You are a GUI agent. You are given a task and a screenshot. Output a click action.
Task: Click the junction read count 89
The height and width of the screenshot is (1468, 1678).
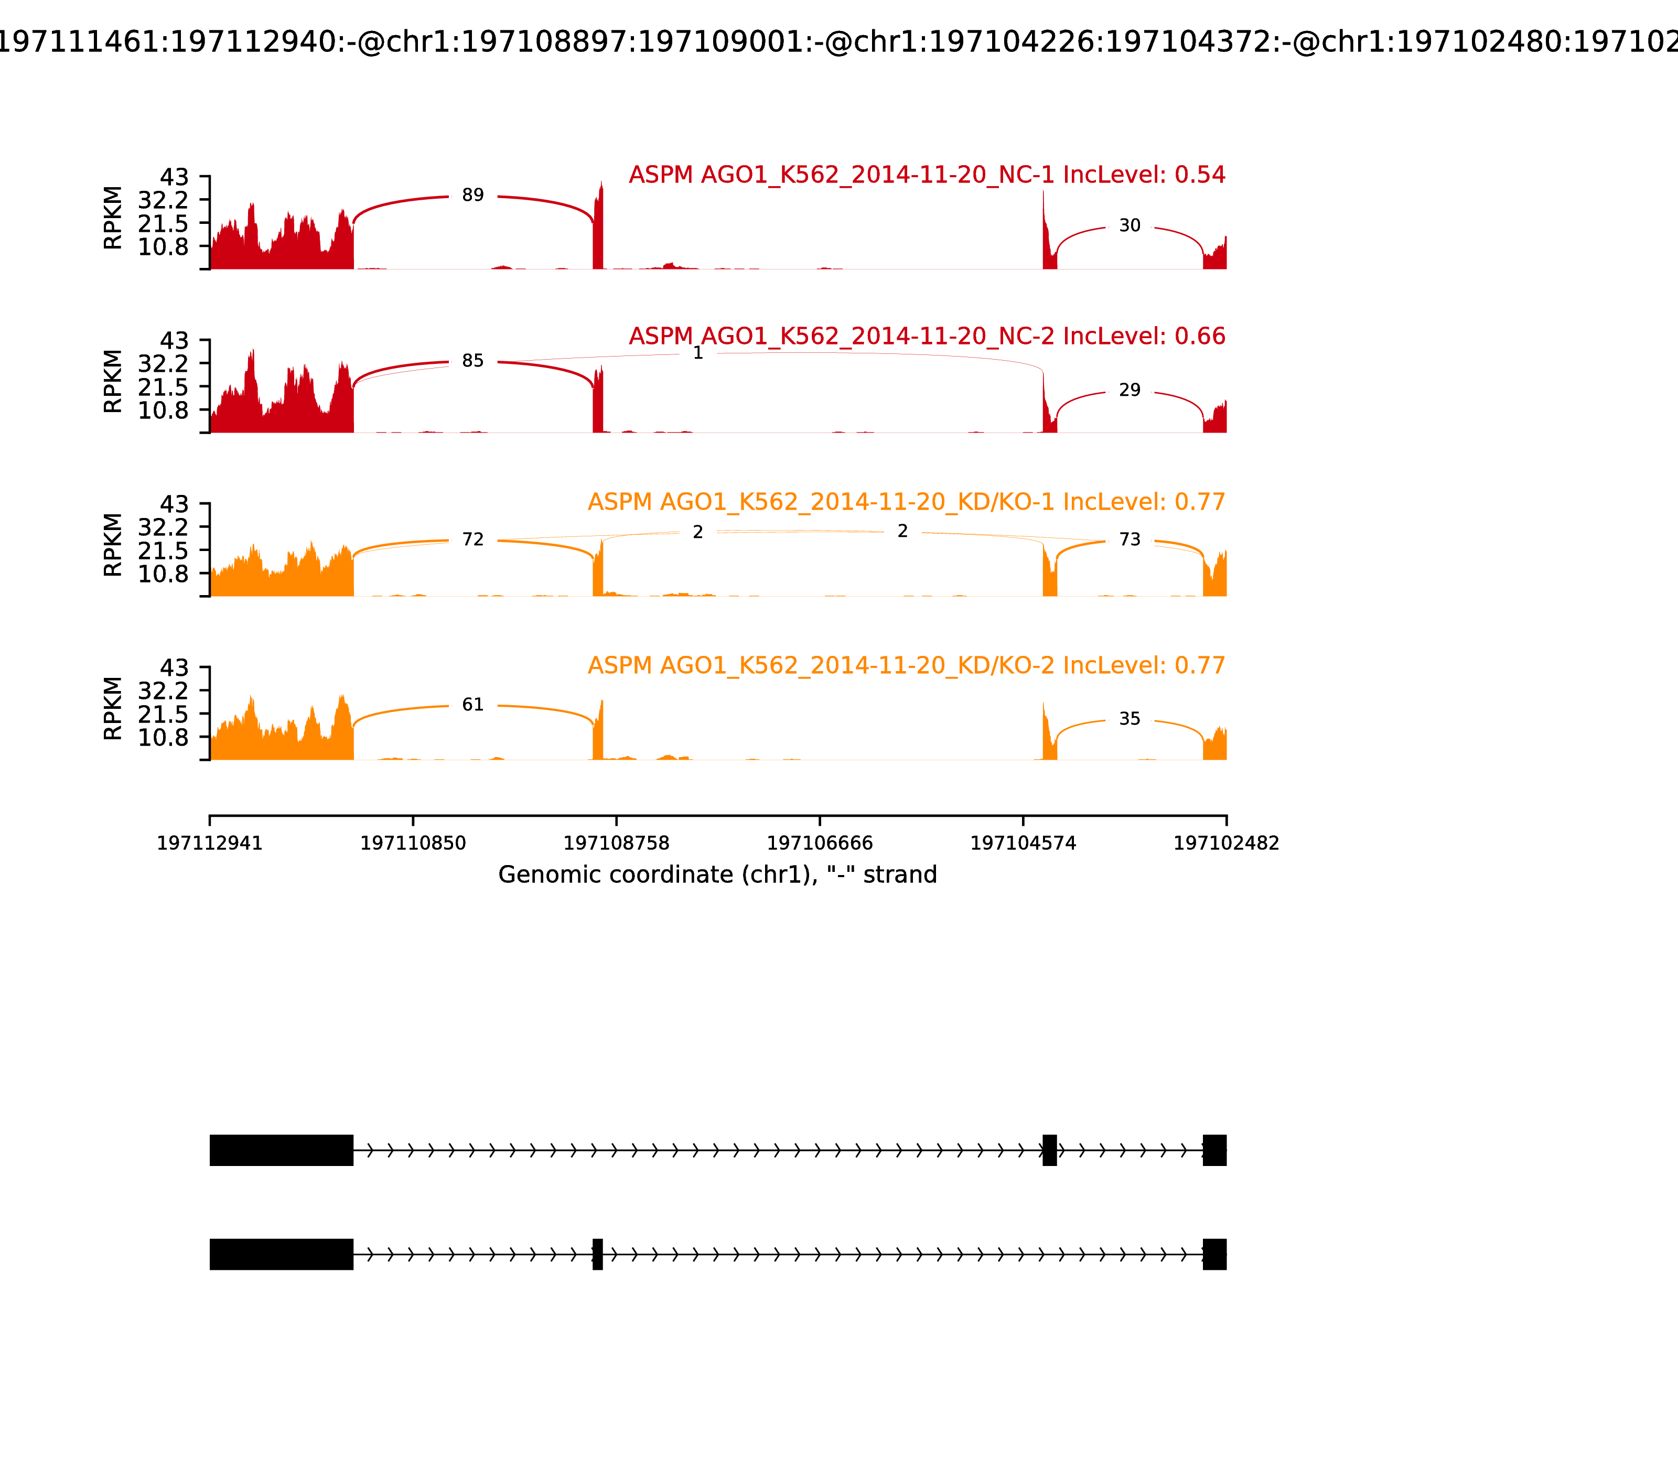tap(473, 196)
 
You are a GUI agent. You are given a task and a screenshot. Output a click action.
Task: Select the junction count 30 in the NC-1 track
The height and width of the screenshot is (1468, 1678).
tap(1129, 226)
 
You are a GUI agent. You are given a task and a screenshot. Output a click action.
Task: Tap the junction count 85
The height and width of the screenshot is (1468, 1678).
tap(473, 361)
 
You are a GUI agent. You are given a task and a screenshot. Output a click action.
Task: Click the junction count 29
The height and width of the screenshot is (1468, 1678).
tap(1129, 391)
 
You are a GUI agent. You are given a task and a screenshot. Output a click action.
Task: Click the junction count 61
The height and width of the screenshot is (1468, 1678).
tap(473, 705)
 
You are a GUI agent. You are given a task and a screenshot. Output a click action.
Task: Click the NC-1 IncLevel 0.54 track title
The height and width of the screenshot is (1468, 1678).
tap(927, 175)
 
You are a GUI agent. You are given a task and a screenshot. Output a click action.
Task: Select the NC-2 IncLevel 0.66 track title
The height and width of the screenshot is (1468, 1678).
tap(927, 337)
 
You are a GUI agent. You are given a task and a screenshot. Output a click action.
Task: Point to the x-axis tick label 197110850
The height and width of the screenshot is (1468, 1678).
tap(413, 844)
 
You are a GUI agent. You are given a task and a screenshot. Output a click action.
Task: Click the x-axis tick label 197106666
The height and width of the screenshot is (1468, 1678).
tap(819, 844)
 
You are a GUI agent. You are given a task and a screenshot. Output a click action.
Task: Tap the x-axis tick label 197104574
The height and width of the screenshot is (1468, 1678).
tap(1023, 844)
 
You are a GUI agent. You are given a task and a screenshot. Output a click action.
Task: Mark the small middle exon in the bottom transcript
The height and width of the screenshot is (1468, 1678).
tap(597, 1254)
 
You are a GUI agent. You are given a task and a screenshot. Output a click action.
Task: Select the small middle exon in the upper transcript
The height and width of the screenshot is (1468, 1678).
tap(1049, 1150)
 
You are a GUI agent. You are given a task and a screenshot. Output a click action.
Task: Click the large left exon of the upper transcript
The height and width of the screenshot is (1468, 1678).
tap(281, 1150)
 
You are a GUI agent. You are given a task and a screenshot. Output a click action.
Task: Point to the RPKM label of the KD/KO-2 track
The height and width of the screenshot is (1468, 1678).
tap(113, 709)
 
